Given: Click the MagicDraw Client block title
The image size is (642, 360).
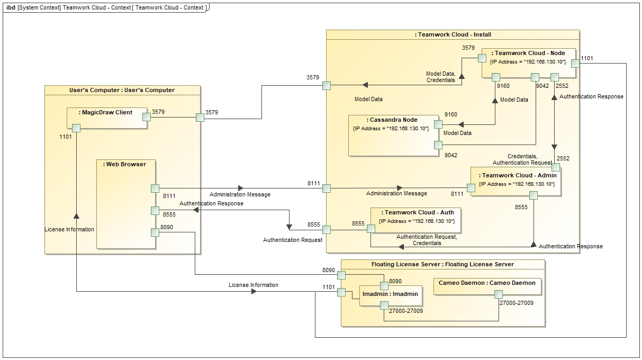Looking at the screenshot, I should tap(105, 112).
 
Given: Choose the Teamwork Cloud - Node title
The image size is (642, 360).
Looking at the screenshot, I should tap(528, 53).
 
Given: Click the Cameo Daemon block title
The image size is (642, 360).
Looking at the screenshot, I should tap(487, 283).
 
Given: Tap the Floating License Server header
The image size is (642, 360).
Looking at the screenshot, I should tap(442, 264).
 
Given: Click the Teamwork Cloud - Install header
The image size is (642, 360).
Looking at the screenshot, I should tap(453, 34).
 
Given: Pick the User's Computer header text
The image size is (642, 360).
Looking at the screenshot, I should tap(122, 90).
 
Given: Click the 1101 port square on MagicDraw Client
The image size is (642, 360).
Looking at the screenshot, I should tap(76, 128).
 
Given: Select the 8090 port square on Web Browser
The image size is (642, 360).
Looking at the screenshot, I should tap(155, 232).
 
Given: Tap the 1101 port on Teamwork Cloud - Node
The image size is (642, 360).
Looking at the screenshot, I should tap(575, 63).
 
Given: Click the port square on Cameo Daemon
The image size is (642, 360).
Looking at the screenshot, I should tap(498, 295).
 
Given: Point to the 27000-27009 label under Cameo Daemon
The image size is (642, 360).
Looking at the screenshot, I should tap(517, 303).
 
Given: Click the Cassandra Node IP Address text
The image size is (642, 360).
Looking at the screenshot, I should tap(391, 129).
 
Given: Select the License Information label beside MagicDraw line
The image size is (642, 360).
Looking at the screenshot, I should tap(69, 229).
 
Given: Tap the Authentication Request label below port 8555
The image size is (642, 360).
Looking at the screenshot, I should tap(293, 240).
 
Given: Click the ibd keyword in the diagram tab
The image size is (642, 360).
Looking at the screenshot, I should tap(11, 7).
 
